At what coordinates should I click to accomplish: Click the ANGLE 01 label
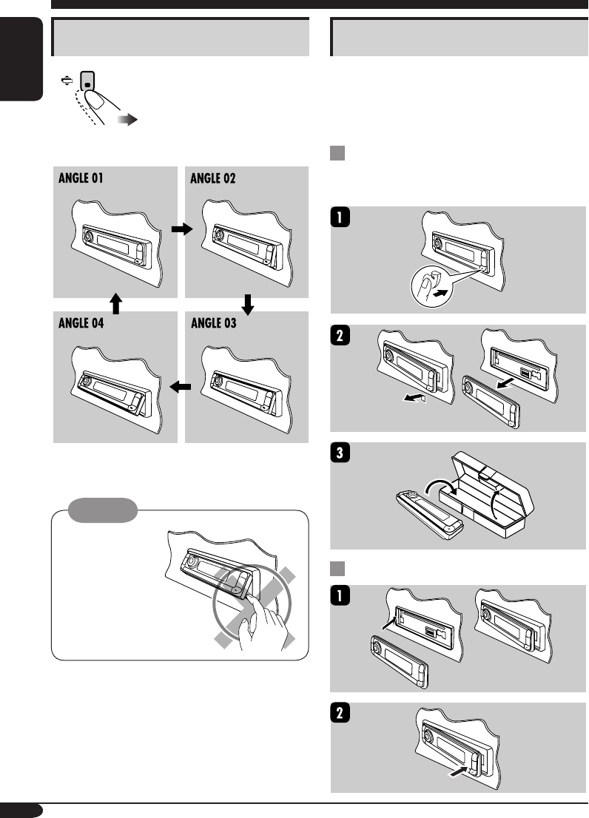pos(87,179)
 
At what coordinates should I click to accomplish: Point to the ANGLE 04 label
pos(87,323)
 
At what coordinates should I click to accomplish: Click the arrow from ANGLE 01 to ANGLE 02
pos(181,230)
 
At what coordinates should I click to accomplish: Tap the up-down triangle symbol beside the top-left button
pos(65,78)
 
